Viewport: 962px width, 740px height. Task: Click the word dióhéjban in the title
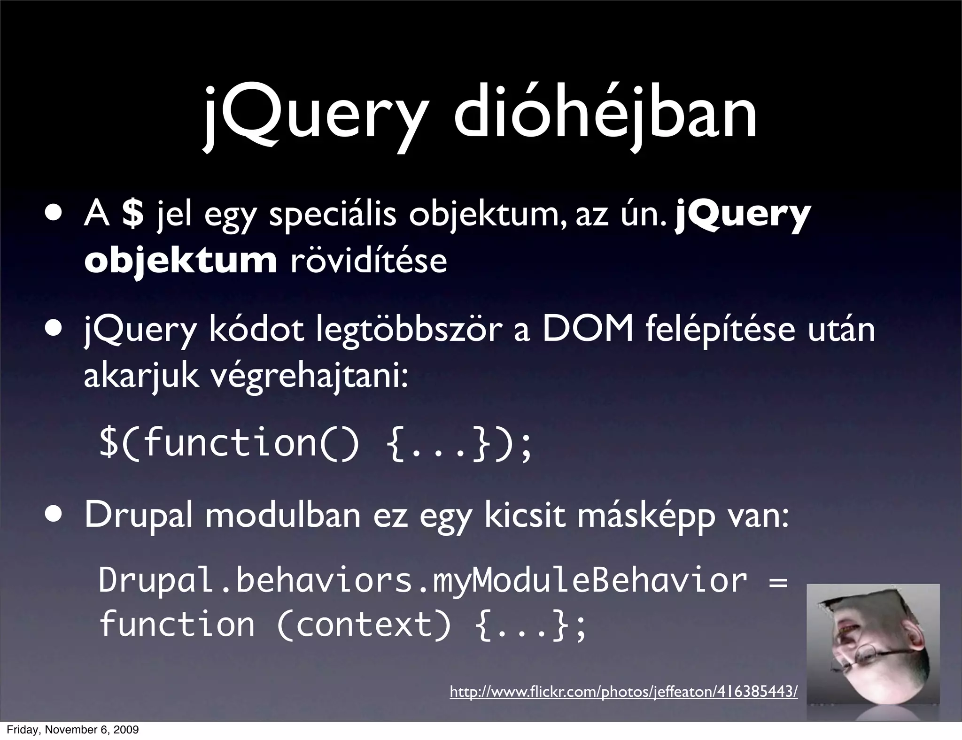click(605, 114)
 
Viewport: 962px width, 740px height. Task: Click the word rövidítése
click(369, 260)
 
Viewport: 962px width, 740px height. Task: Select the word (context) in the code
click(364, 625)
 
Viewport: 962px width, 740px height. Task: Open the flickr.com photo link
click(623, 692)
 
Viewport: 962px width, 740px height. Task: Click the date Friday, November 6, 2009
click(73, 730)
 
